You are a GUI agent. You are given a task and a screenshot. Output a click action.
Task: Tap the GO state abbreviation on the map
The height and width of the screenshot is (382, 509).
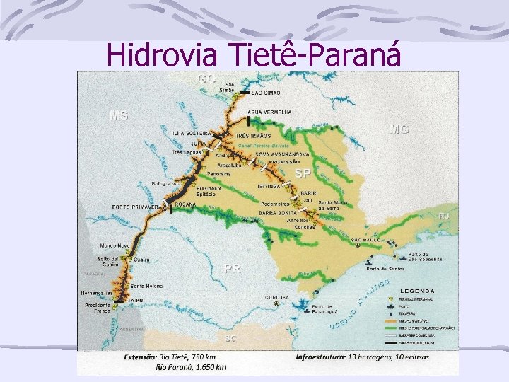click(x=207, y=78)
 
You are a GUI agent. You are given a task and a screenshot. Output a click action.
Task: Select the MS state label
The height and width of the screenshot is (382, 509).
click(x=118, y=115)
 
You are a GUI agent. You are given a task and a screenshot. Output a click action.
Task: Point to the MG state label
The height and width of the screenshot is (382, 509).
click(x=399, y=129)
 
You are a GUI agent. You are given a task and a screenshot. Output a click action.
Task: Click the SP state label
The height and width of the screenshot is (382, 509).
click(x=303, y=173)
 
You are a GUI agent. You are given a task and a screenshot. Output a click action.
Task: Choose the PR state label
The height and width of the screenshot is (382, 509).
click(x=232, y=268)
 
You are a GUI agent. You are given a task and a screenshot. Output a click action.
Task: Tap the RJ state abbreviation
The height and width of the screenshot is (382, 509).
click(x=444, y=215)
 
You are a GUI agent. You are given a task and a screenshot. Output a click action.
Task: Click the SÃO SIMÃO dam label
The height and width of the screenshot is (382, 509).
click(x=267, y=93)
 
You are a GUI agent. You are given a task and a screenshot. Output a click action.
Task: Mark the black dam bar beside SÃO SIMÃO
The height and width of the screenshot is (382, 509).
click(x=245, y=93)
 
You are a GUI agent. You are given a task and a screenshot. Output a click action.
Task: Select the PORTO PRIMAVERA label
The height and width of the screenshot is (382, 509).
click(x=139, y=207)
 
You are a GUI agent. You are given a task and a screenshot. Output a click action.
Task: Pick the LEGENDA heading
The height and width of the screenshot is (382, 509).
click(x=417, y=291)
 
